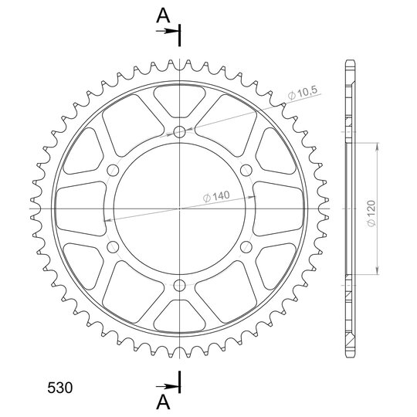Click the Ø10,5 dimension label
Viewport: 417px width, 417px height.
[303, 93]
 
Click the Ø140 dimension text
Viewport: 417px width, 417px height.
[216, 196]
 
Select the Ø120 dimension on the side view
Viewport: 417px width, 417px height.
[371, 214]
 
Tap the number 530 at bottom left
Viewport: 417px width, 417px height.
[59, 388]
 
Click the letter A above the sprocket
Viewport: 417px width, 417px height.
[163, 15]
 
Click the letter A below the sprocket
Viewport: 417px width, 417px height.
[163, 402]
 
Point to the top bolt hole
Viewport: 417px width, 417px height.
[179, 131]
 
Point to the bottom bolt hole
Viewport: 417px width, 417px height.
[179, 286]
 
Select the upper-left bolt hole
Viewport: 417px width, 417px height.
[113, 170]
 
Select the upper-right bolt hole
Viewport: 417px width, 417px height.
[246, 170]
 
